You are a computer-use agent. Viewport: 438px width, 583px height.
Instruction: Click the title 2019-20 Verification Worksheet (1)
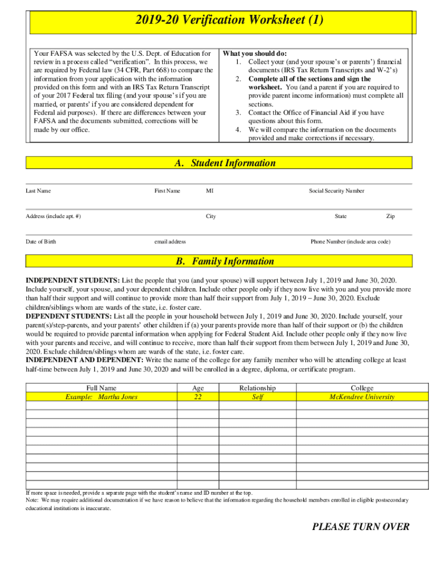pyautogui.click(x=229, y=20)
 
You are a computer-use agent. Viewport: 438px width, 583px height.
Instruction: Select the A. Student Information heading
pyautogui.click(x=225, y=163)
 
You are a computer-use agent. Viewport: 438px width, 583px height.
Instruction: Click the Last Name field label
pyautogui.click(x=38, y=191)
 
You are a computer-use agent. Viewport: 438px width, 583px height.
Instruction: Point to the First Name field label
pyautogui.click(x=167, y=191)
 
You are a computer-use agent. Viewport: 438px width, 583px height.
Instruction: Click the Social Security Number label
pyautogui.click(x=336, y=191)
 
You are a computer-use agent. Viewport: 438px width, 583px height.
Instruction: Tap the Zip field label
pyautogui.click(x=390, y=216)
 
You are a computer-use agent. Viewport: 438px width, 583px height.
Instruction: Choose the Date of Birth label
pyautogui.click(x=41, y=241)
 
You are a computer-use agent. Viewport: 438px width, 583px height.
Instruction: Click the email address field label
pyautogui.click(x=170, y=241)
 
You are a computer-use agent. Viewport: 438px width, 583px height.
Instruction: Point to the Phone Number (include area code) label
pyautogui.click(x=350, y=241)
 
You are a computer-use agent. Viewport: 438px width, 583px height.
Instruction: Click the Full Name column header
pyautogui.click(x=101, y=388)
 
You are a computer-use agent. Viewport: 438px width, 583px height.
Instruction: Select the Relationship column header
pyautogui.click(x=257, y=388)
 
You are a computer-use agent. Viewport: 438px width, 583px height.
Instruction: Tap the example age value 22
pyautogui.click(x=198, y=397)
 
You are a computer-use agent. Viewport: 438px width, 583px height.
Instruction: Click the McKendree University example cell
pyautogui.click(x=362, y=397)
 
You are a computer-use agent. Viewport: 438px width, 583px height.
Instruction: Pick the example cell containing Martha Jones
pyautogui.click(x=101, y=397)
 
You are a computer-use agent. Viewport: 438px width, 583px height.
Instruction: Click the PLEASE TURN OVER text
pyautogui.click(x=361, y=527)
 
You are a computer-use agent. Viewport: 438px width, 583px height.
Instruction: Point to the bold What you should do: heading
pyautogui.click(x=254, y=54)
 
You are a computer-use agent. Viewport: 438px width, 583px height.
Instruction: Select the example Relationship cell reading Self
pyautogui.click(x=257, y=397)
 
